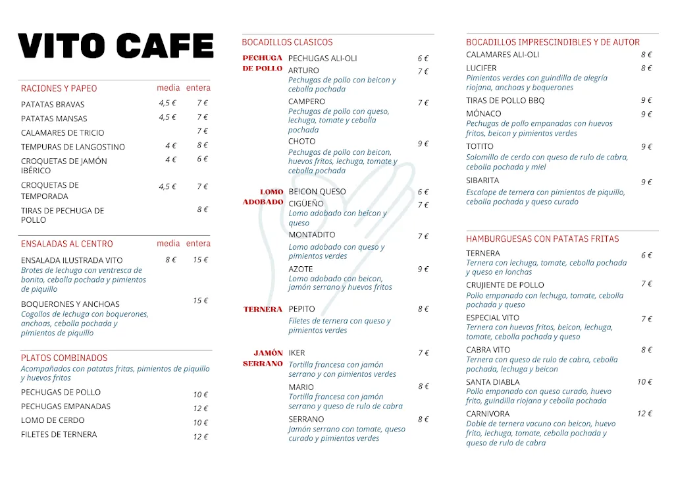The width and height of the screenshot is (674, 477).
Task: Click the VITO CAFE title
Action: tap(116, 46)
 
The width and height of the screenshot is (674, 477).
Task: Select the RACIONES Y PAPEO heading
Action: tap(59, 88)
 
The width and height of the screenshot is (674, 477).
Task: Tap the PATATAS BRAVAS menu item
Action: tap(53, 104)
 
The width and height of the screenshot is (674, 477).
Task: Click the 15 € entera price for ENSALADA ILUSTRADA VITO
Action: tap(200, 260)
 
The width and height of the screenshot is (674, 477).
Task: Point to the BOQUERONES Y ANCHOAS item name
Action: tap(70, 304)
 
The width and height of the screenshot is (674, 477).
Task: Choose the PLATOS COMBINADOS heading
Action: tap(64, 358)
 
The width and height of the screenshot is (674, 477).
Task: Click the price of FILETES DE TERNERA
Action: tap(200, 436)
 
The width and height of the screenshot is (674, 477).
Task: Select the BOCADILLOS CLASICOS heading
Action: tap(287, 42)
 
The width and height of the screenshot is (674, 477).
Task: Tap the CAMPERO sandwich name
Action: tap(307, 101)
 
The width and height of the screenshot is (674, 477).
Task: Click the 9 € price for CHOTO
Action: tap(423, 144)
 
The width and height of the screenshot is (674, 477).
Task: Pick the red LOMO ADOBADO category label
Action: tap(263, 197)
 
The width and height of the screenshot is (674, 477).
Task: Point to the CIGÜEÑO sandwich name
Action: tap(306, 204)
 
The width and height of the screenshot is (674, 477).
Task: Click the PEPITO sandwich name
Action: tap(301, 309)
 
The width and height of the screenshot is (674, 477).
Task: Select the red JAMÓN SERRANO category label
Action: tap(263, 358)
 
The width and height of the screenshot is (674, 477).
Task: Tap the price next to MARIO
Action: tap(423, 387)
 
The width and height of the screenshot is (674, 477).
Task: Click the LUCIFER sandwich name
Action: tap(481, 68)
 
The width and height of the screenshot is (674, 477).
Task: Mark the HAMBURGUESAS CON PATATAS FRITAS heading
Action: tap(542, 239)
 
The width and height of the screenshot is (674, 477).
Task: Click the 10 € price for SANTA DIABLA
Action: tap(644, 382)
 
